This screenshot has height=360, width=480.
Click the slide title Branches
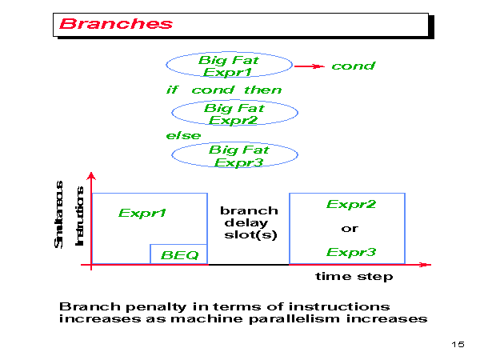coord(115,23)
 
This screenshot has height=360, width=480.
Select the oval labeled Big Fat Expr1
coord(228,65)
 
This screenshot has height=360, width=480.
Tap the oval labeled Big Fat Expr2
coord(234,114)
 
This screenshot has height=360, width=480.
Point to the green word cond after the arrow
coord(353,66)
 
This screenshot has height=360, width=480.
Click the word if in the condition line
coord(171,90)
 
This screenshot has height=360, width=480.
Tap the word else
coord(183,135)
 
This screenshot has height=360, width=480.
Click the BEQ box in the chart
coord(179,254)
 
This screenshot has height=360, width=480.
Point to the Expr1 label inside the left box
coord(142,214)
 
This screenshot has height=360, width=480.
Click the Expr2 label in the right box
coord(350,205)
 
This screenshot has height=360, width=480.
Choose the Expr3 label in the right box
coord(350,253)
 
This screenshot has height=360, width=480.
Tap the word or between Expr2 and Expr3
coord(350,229)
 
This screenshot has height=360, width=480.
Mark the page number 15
coord(458,344)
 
